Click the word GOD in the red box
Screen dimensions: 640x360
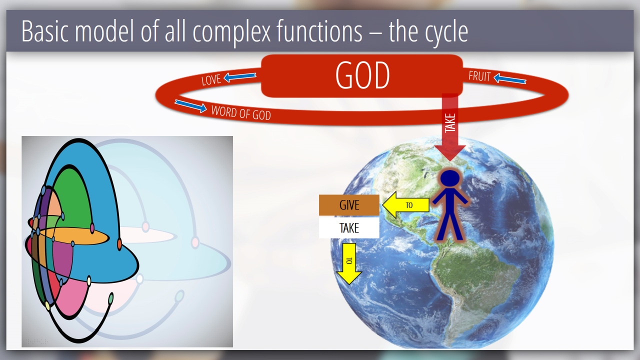point(362,75)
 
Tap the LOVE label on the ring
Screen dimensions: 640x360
point(211,79)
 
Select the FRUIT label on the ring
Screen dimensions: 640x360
point(479,76)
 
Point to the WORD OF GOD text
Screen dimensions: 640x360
point(241,113)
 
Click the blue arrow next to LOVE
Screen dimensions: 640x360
point(239,77)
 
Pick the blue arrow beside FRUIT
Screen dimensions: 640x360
point(509,79)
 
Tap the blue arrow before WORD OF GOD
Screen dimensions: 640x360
point(191,106)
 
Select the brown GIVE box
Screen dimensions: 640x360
point(349,205)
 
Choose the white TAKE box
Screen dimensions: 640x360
point(349,227)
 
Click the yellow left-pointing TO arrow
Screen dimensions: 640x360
point(405,205)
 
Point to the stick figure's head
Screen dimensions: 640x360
point(450,179)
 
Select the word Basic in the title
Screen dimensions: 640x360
point(45,31)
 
